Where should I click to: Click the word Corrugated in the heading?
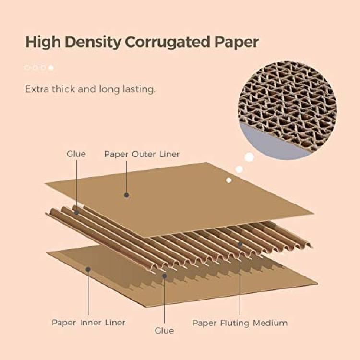click(x=168, y=42)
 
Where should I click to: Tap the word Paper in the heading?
click(x=237, y=42)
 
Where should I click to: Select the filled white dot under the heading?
click(x=51, y=68)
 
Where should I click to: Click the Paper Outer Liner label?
click(x=142, y=154)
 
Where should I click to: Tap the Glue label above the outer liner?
click(x=76, y=154)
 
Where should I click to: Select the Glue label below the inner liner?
click(x=164, y=331)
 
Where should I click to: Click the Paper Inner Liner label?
click(x=89, y=323)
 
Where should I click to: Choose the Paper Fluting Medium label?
click(x=240, y=323)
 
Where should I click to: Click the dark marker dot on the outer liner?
click(x=126, y=195)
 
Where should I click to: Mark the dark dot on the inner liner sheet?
click(x=88, y=269)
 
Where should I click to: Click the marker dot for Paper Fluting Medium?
click(x=240, y=244)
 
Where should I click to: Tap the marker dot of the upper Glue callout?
click(x=76, y=213)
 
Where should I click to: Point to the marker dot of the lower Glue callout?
click(x=164, y=276)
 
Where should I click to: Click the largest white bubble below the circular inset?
click(x=249, y=157)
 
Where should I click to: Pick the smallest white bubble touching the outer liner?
click(x=228, y=180)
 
